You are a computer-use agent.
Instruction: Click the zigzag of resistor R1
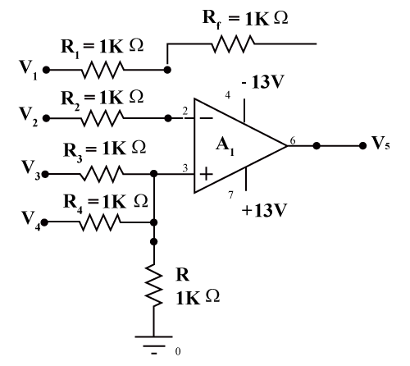pos(102,70)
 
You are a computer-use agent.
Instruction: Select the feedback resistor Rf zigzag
pos(233,43)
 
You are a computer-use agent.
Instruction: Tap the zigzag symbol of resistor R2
pos(102,118)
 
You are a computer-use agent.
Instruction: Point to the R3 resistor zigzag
pos(102,174)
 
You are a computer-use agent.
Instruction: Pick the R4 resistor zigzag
pos(100,222)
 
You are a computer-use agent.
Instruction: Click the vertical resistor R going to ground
pos(153,285)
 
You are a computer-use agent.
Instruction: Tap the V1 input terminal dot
pos(47,70)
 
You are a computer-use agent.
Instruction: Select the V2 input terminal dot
pos(47,118)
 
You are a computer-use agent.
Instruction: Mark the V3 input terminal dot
pos(45,174)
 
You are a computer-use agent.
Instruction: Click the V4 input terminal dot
pos(44,222)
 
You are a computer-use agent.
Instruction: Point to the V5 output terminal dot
pos(362,146)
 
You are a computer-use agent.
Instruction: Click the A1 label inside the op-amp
pos(225,146)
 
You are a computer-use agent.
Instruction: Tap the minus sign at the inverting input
pos(207,118)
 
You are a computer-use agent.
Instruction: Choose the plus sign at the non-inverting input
pos(207,174)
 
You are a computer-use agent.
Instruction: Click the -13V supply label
pos(263,81)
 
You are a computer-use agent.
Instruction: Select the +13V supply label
pos(264,210)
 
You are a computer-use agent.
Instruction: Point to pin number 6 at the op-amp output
pos(293,140)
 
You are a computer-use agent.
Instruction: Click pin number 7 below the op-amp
pos(231,195)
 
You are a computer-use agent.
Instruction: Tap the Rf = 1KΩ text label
pos(245,19)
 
